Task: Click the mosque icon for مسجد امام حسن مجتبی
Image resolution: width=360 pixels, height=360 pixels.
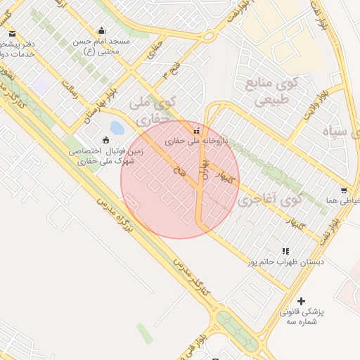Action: [x=103, y=30]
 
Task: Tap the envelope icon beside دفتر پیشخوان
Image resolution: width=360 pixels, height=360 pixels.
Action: [x=12, y=33]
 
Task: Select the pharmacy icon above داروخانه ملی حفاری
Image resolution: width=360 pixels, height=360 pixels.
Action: [x=196, y=129]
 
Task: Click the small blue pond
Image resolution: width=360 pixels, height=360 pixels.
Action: [x=117, y=128]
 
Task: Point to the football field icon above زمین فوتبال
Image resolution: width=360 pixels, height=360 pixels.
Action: [x=106, y=139]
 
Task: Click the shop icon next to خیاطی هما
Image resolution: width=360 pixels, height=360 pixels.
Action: [x=343, y=190]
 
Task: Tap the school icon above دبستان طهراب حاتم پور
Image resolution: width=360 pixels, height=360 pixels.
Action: [x=285, y=250]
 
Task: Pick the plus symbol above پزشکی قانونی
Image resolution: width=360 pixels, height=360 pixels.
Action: [x=301, y=300]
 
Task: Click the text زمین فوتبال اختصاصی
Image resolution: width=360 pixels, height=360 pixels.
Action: [x=105, y=150]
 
